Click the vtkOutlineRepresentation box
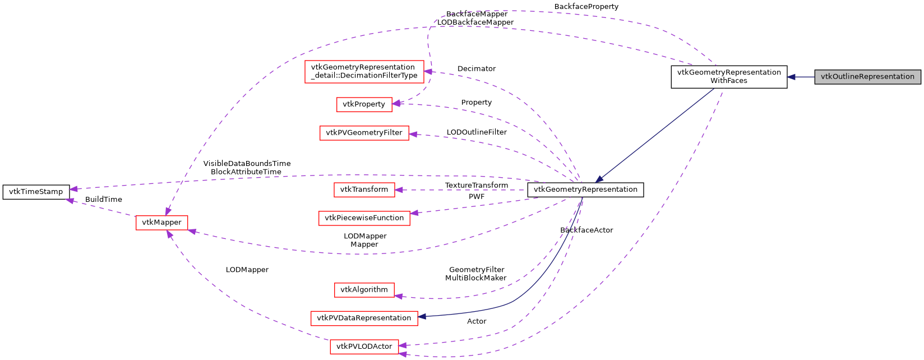pos(867,77)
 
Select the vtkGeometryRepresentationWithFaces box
pos(729,77)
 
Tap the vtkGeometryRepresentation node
pos(585,190)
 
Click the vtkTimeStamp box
pos(36,192)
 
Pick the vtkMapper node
pos(161,223)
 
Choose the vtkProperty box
pos(364,104)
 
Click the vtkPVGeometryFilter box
pos(364,133)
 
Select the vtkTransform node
pos(364,190)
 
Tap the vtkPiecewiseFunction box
pos(364,218)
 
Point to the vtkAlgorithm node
pos(364,290)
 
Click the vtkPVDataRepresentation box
pos(364,318)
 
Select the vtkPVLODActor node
pos(364,347)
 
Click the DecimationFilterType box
pos(364,71)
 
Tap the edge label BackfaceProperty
pos(586,7)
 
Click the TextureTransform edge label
pos(477,186)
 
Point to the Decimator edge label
pos(477,69)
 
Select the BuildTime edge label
pos(104,200)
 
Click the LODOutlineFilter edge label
pos(477,132)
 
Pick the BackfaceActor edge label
pos(586,230)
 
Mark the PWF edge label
pos(477,197)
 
